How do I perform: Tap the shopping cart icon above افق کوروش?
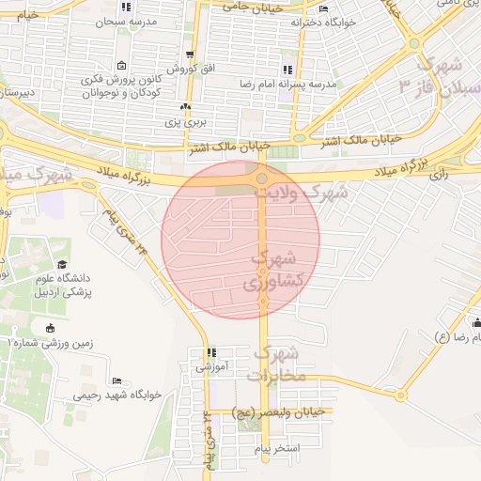pyautogui.click(x=191, y=55)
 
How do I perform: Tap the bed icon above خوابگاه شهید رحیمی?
pyautogui.click(x=117, y=380)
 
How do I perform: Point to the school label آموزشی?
pyautogui.click(x=211, y=367)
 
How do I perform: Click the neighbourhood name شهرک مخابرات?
pyautogui.click(x=276, y=365)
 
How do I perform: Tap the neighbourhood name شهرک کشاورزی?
pyautogui.click(x=274, y=270)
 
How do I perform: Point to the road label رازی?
pyautogui.click(x=439, y=174)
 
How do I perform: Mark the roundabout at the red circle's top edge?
pyautogui.click(x=262, y=178)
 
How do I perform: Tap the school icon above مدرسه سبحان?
pyautogui.click(x=124, y=7)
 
